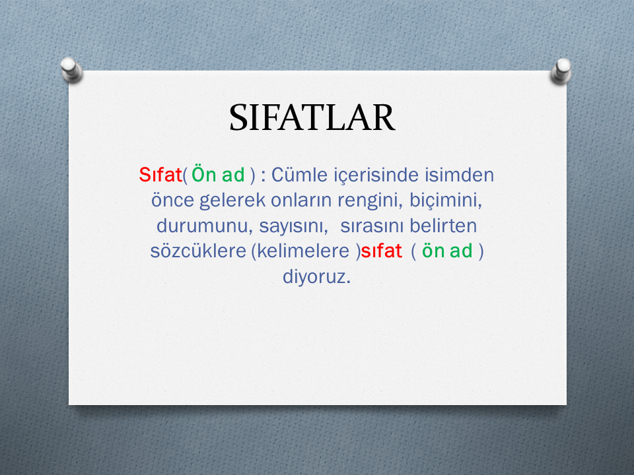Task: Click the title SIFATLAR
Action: pos(312,117)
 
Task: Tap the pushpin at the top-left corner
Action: pos(71,69)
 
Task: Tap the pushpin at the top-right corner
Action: pos(561,71)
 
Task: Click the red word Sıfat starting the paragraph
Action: pos(160,175)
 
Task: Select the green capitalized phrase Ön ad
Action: pos(218,175)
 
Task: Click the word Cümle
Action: pos(299,175)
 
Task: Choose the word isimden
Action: pos(460,175)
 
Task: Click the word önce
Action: pos(172,200)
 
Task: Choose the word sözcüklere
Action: pos(198,251)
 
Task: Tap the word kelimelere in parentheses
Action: pos(303,251)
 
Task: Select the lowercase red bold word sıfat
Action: pos(381,251)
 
